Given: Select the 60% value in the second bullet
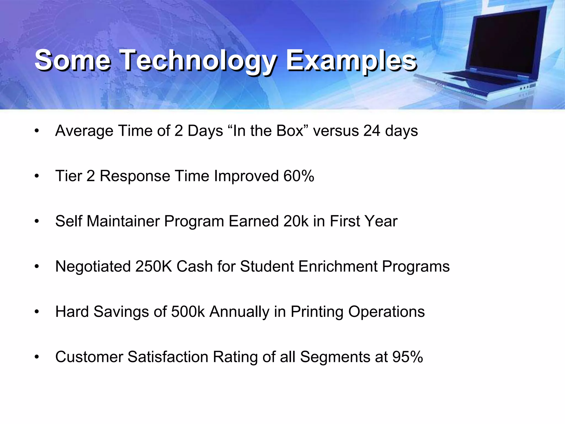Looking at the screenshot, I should pyautogui.click(x=299, y=176).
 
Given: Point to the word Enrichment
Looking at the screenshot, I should pyautogui.click(x=338, y=266).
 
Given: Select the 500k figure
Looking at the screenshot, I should pyautogui.click(x=188, y=312).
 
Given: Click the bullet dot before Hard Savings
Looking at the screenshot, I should pyautogui.click(x=37, y=312).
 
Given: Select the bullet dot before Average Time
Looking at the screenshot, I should pyautogui.click(x=37, y=131).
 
